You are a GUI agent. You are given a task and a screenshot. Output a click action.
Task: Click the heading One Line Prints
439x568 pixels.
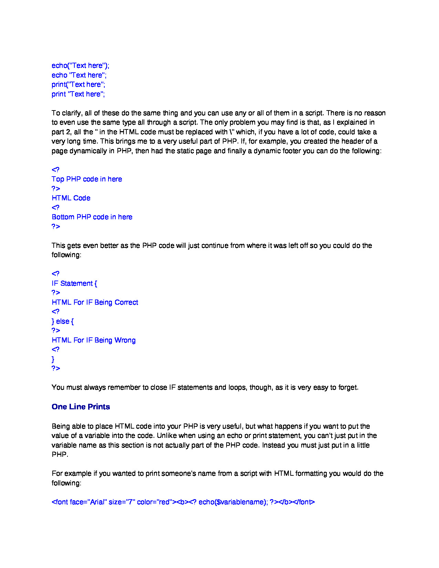click(x=81, y=407)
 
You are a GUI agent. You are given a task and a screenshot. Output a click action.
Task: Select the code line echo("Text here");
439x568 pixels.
click(x=80, y=65)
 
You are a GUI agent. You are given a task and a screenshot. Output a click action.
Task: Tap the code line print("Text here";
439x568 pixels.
click(x=78, y=84)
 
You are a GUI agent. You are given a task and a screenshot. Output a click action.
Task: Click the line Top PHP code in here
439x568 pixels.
click(x=87, y=179)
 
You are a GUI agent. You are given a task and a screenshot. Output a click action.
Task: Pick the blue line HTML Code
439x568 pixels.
click(x=71, y=198)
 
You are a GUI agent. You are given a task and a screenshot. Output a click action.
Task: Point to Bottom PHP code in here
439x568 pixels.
click(x=92, y=217)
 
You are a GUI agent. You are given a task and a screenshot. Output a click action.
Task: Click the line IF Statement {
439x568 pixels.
click(x=74, y=283)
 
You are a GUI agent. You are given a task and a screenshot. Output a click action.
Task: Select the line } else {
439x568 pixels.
click(x=63, y=321)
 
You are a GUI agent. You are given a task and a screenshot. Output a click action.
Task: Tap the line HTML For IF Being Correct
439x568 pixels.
click(x=95, y=302)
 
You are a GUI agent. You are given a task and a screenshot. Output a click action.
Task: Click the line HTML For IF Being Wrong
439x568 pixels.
click(x=94, y=340)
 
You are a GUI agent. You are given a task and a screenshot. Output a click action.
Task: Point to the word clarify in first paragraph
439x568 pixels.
click(x=71, y=113)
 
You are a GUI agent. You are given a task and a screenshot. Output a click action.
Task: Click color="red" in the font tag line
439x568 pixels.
click(x=154, y=502)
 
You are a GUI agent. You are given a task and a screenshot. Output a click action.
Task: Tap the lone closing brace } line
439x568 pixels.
click(x=53, y=359)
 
